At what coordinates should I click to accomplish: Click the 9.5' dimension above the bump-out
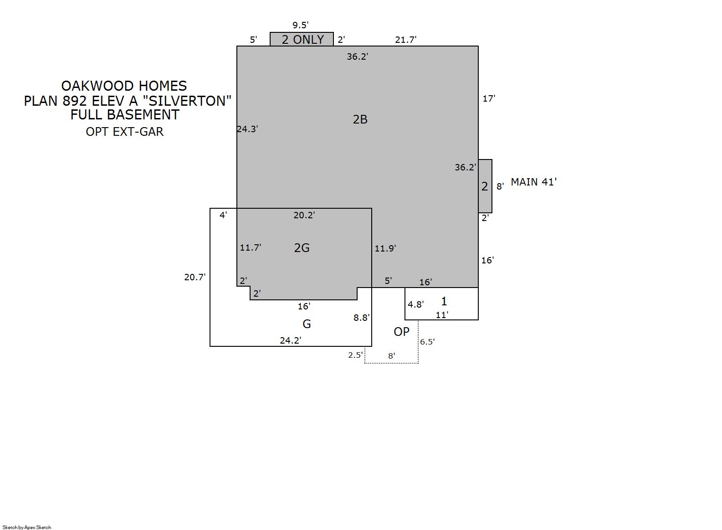coord(300,25)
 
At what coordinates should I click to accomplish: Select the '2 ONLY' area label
coord(302,39)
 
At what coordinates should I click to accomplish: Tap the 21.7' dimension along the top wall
coord(406,40)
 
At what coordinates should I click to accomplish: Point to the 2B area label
coord(360,119)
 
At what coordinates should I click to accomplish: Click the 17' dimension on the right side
coord(489,98)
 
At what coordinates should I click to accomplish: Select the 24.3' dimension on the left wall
coord(247,129)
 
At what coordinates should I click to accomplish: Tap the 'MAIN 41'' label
coord(534,182)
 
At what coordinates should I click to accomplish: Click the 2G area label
coord(302,247)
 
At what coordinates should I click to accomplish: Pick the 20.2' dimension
coord(304,215)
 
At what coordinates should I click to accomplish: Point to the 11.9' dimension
coord(385,248)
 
